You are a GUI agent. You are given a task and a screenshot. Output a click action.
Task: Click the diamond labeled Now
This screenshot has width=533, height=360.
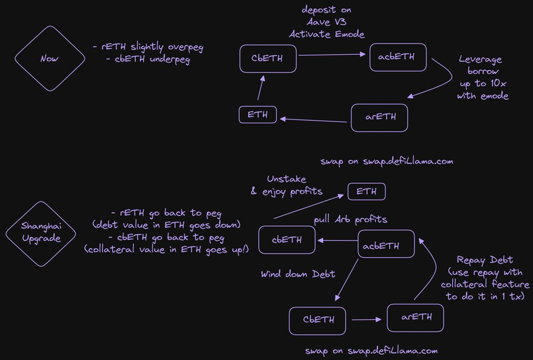pos(50,58)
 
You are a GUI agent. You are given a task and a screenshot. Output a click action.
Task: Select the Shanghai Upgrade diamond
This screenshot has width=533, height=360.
pos(41,234)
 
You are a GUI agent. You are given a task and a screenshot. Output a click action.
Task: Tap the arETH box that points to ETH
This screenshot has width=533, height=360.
pos(379,118)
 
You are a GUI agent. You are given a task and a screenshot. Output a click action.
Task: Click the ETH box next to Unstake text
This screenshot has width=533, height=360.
pos(366,191)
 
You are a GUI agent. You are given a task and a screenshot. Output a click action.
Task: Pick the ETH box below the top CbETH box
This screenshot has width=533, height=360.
pos(257,115)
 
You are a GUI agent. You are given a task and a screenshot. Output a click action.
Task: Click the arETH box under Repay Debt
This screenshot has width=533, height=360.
pos(415,318)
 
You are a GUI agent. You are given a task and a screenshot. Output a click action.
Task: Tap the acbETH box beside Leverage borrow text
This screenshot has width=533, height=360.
pos(398,57)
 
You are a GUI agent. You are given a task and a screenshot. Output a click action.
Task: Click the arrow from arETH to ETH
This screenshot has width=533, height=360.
pos(313,120)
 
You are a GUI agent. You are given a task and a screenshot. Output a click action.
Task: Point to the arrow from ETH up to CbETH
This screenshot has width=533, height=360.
pos(260,88)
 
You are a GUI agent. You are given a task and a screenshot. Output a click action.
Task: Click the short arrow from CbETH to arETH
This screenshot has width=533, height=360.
pos(366,319)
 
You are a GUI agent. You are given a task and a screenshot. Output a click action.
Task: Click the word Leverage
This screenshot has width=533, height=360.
pos(480,59)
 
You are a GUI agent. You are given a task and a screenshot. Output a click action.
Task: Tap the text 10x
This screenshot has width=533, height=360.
pos(498,84)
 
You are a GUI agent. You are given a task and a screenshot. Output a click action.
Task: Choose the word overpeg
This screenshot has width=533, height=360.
pos(183,47)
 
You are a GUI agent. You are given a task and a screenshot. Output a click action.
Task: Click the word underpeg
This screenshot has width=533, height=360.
pos(170,60)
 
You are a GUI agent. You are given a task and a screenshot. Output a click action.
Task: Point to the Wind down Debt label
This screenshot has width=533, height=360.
pos(298,274)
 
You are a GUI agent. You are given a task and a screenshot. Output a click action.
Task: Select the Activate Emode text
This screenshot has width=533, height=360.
pos(326,34)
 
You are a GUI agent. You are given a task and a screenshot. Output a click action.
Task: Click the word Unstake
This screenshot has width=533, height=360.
pos(286,179)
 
